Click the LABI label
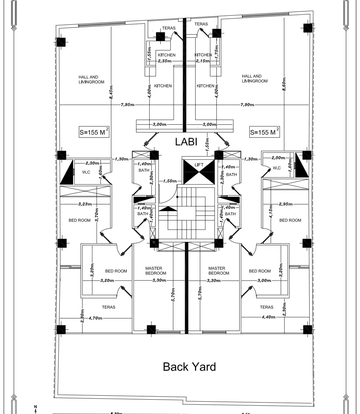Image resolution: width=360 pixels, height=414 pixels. pos(186,142)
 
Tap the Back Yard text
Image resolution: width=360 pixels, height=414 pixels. pos(189,367)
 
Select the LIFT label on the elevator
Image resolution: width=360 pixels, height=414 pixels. pos(199,165)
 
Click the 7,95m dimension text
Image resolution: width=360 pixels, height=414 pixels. pos(127,105)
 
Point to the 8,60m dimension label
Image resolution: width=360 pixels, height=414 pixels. pos(284,86)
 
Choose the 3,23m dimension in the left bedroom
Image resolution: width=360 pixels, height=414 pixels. pos(85,204)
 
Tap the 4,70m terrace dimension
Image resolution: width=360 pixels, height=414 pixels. pos(95,318)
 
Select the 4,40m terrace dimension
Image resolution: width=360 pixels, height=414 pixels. pos(268,317)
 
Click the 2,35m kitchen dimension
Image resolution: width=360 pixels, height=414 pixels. pos(165,61)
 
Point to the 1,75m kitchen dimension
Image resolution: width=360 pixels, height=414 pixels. pos(217,52)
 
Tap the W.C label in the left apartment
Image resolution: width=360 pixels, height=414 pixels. pos(86,172)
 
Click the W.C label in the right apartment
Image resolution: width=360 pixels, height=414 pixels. pos(277,168)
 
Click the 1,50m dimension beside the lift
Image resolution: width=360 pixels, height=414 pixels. pos(170,181)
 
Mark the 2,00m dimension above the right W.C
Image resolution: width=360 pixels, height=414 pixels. pos(278,158)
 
